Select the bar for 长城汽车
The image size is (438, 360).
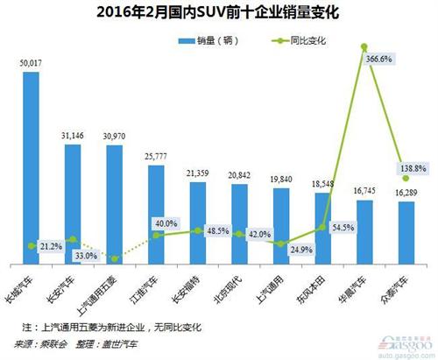pos(31,166)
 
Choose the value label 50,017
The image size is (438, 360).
pos(32,63)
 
